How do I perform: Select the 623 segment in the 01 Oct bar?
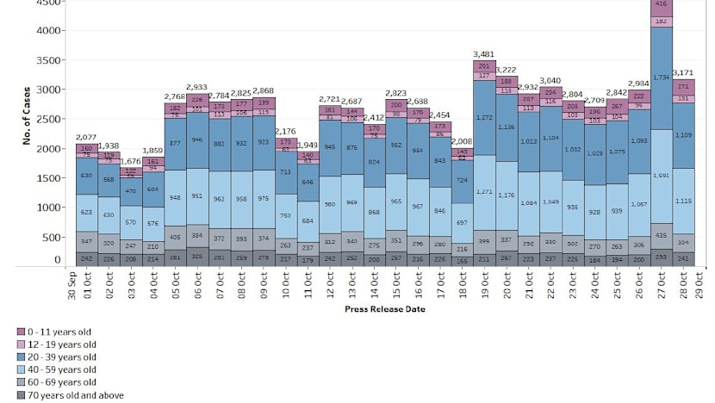[86, 212]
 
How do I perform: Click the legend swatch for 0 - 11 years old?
[21, 331]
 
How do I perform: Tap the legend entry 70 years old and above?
[77, 395]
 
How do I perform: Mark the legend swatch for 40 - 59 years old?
[21, 369]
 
